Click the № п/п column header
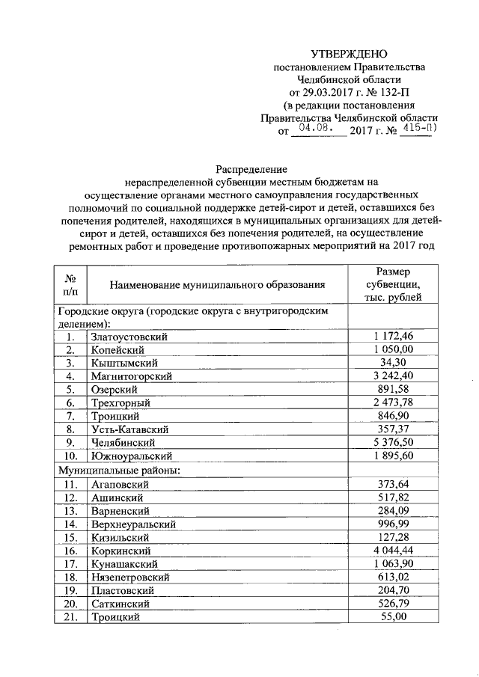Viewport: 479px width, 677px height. pyautogui.click(x=71, y=284)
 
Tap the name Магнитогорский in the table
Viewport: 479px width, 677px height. pyautogui.click(x=131, y=376)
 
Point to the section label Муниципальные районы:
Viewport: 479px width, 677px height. pyautogui.click(x=116, y=470)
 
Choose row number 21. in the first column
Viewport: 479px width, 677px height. pyautogui.click(x=71, y=618)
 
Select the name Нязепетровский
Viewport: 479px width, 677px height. pyautogui.click(x=129, y=578)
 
